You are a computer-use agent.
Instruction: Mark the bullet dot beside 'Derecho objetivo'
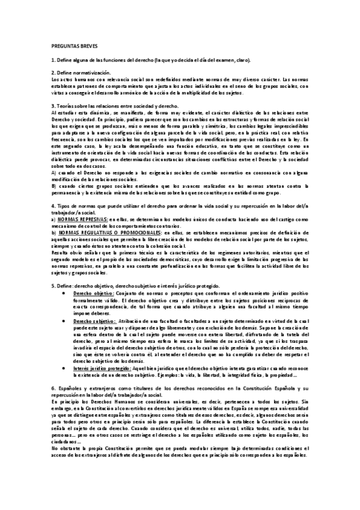64,293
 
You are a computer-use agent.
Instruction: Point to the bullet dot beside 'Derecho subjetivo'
64,322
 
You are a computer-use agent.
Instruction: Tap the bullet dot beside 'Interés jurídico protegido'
64,368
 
